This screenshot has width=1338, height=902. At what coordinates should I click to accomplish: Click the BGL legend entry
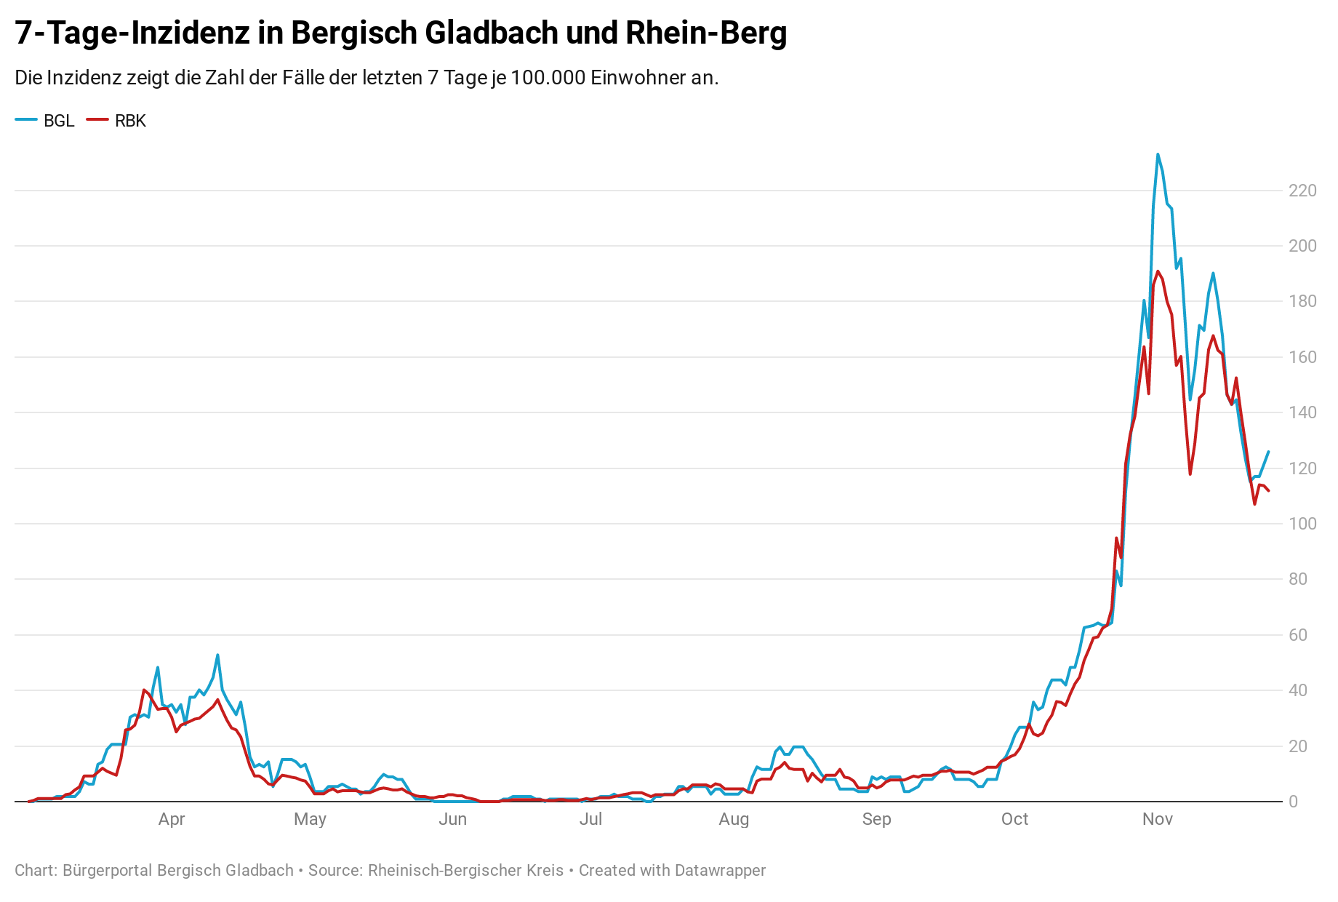(45, 121)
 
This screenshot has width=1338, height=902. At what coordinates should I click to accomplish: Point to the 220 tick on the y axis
(1302, 191)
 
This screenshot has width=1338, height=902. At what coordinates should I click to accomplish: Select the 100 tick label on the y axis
(1302, 524)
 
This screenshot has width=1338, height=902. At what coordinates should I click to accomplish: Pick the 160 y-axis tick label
(1302, 357)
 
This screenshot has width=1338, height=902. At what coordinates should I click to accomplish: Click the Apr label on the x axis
(172, 819)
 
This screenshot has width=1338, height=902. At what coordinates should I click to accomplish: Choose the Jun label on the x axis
(452, 819)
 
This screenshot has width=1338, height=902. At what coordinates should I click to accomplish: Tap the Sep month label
(876, 819)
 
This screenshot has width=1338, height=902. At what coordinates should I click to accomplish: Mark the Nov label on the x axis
(1157, 819)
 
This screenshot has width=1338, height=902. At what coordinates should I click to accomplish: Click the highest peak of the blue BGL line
(1158, 154)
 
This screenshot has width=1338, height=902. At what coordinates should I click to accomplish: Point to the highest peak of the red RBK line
(1158, 271)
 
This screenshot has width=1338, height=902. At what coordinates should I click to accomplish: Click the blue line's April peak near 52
(217, 655)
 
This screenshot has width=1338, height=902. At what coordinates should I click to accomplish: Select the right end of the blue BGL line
(1268, 452)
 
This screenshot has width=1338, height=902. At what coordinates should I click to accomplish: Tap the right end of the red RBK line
(1268, 491)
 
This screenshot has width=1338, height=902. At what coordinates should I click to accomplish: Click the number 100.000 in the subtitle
(548, 78)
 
